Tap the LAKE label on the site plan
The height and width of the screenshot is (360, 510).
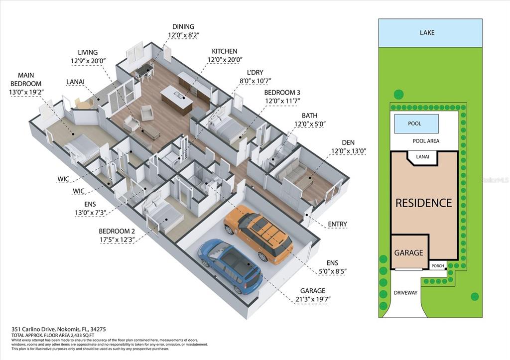(x=427, y=32)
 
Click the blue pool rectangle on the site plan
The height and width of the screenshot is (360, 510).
(x=416, y=123)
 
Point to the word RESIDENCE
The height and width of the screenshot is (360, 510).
(x=423, y=203)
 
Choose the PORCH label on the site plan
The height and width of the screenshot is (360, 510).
(x=437, y=266)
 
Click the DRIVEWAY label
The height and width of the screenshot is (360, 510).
(x=405, y=293)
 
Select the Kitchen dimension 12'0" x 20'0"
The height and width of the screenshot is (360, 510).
(x=225, y=60)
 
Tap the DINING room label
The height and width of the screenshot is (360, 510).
(x=183, y=27)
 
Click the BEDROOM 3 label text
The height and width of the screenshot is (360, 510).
(x=282, y=93)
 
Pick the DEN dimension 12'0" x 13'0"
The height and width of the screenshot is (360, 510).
(x=349, y=151)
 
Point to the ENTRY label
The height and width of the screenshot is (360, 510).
(x=337, y=224)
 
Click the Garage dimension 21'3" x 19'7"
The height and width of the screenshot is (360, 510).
(x=313, y=299)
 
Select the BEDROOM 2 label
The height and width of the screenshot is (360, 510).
(x=117, y=231)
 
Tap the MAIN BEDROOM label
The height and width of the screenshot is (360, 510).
(x=26, y=79)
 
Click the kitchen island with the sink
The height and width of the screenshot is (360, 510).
(x=176, y=100)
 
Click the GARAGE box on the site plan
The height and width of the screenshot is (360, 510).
(x=409, y=252)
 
